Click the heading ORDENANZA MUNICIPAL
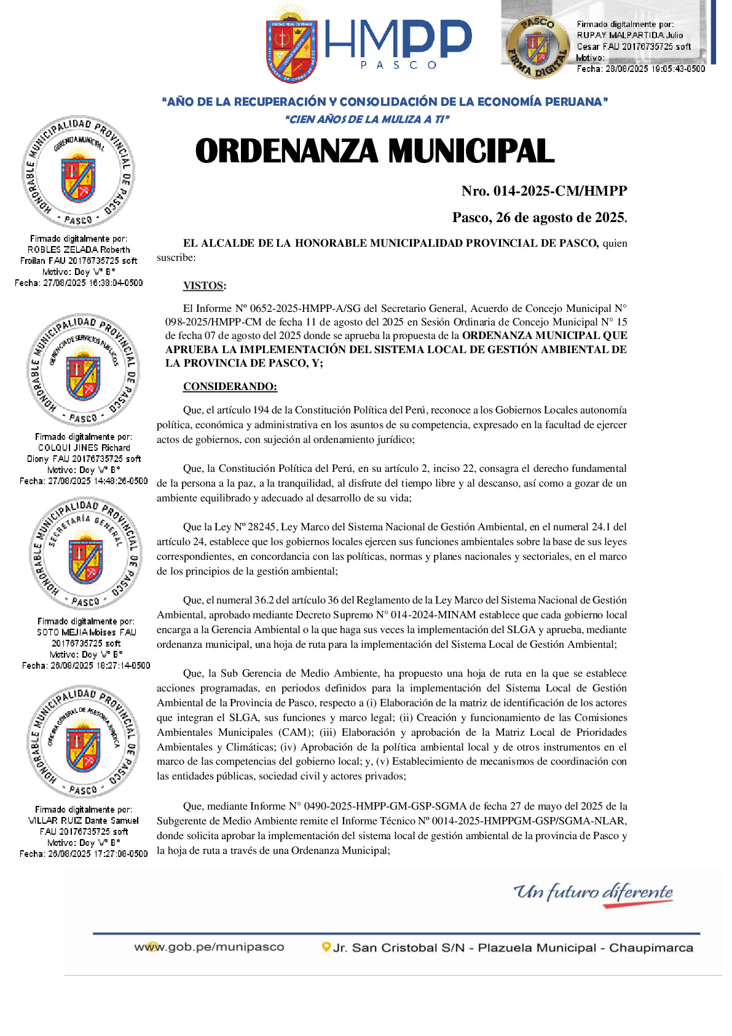[x=374, y=151]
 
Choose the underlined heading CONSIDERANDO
[x=230, y=387]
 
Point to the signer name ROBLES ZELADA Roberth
[x=79, y=250]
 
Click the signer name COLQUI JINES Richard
[x=84, y=448]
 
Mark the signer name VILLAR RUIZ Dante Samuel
[x=84, y=821]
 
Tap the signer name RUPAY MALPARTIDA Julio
[x=629, y=36]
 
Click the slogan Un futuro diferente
[x=593, y=892]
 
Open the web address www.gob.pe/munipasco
[x=209, y=947]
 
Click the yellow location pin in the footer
[x=326, y=947]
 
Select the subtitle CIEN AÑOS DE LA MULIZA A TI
[x=368, y=119]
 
